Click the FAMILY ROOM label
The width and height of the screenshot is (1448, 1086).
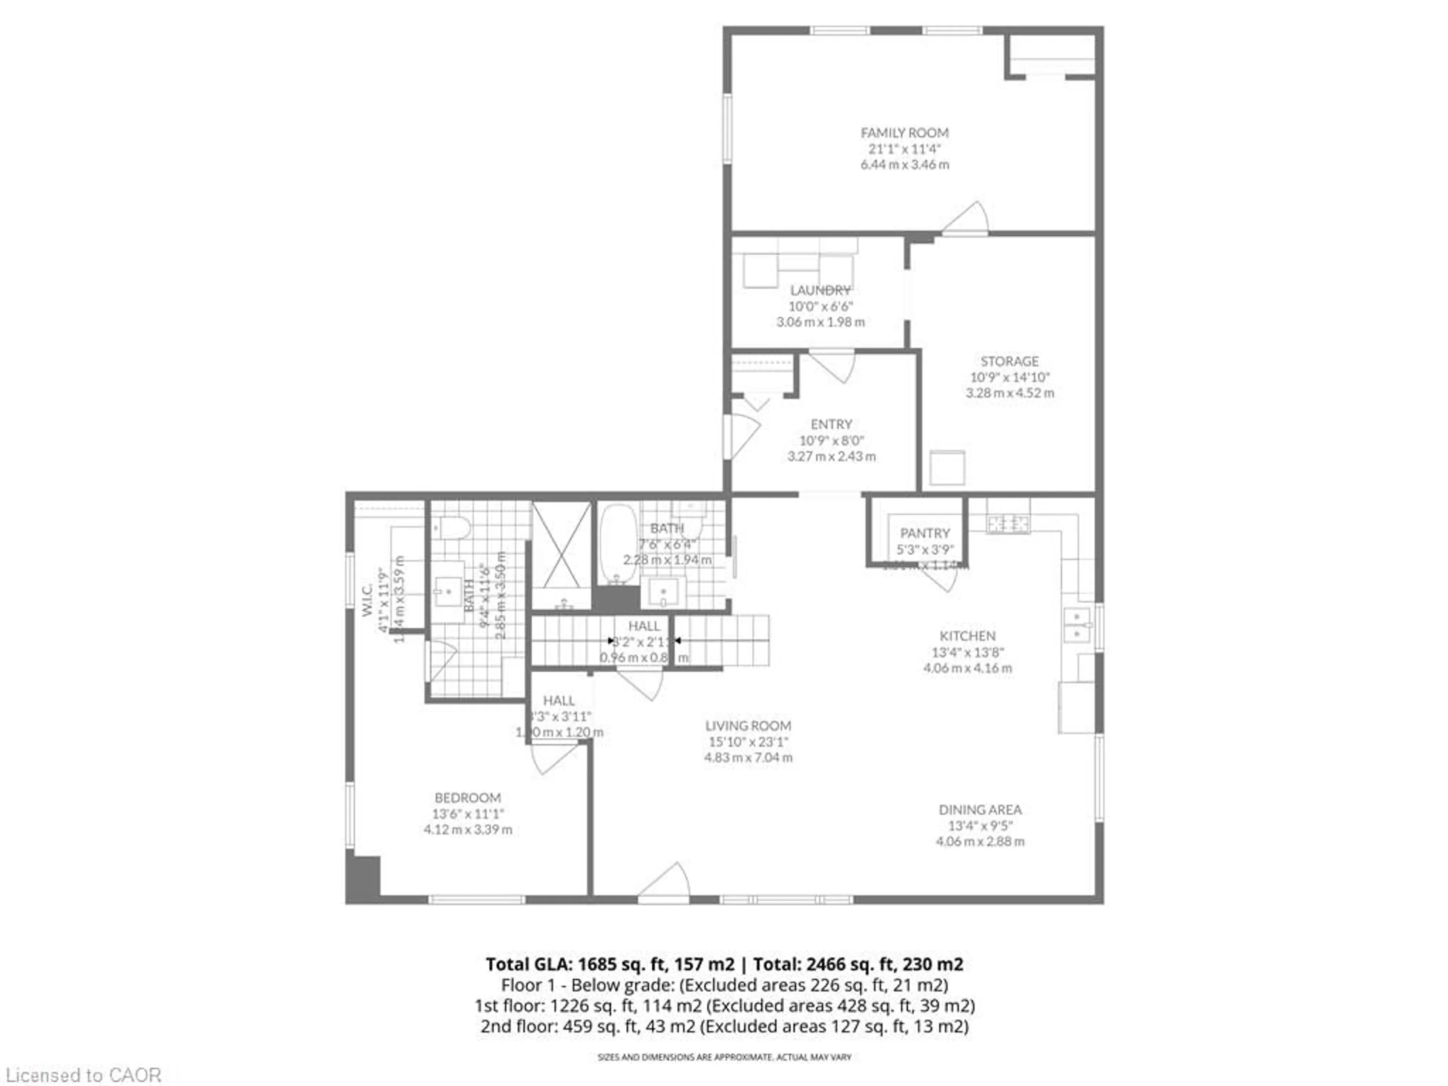tap(904, 133)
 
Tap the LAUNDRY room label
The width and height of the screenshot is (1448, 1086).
tap(820, 290)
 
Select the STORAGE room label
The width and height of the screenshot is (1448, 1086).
tap(1009, 361)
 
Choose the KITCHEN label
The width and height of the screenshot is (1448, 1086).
tap(968, 636)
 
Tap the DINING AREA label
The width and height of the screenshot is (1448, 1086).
tap(980, 810)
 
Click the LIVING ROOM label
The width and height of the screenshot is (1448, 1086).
tap(748, 725)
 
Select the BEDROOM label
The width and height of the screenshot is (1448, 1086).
tap(467, 797)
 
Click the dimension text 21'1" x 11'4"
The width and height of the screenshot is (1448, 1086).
tap(904, 149)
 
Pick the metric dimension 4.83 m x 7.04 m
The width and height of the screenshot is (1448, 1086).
tap(748, 758)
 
